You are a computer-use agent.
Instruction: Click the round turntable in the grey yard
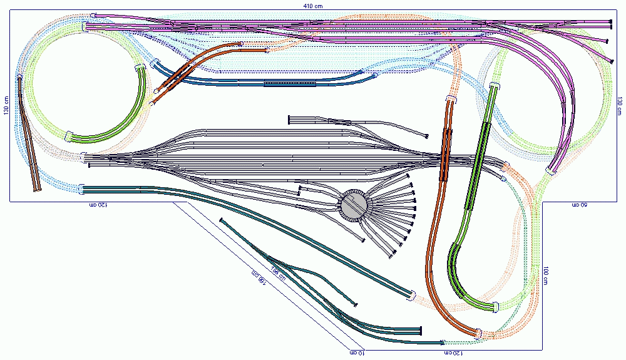point(354,205)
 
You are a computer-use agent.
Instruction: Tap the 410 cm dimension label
point(312,5)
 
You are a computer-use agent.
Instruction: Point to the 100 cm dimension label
point(545,275)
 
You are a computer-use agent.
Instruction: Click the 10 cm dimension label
point(357,353)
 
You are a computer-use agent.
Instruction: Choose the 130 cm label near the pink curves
point(620,106)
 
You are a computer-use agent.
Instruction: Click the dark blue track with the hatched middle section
point(275,82)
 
